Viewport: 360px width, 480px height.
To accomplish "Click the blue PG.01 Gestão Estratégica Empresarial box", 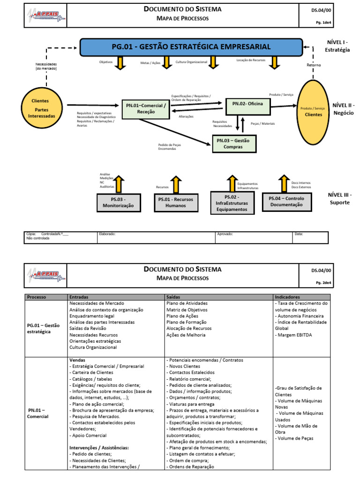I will point(191,47).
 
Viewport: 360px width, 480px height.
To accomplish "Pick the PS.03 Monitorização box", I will point(118,202).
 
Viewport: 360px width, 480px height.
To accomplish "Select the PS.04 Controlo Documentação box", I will point(286,202).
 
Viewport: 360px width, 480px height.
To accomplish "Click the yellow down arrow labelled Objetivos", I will point(120,63).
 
